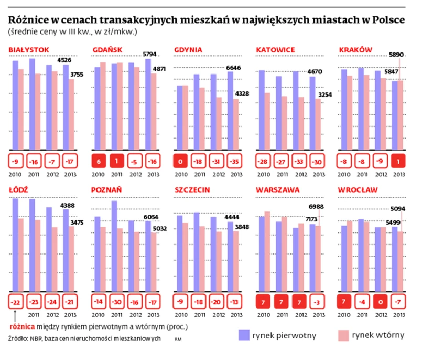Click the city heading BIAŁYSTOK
(29, 50)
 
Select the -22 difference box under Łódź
(16, 302)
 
